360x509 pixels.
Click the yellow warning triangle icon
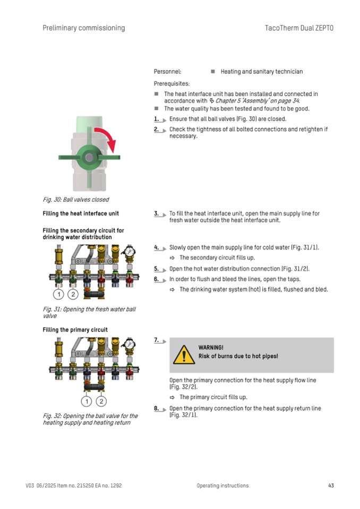pos(184,354)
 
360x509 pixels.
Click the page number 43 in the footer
pos(331,485)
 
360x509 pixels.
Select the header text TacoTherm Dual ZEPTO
pos(299,28)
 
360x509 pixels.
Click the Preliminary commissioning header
pos(84,28)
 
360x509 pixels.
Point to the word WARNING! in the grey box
pos(211,347)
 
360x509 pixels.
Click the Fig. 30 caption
pos(76,200)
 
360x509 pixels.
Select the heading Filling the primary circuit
pos(75,330)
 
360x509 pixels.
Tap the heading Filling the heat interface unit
pos(81,213)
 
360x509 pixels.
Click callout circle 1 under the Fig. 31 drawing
pos(58,294)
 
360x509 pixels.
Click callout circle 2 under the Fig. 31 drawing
pos(73,294)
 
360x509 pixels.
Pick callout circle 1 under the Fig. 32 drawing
pos(87,401)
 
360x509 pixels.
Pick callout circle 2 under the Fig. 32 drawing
pos(101,401)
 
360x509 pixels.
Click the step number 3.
pos(157,213)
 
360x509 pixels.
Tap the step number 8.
pos(157,408)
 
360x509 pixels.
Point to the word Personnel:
pos(167,71)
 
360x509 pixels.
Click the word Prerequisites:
pos(172,83)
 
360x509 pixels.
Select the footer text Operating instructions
pos(222,485)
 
